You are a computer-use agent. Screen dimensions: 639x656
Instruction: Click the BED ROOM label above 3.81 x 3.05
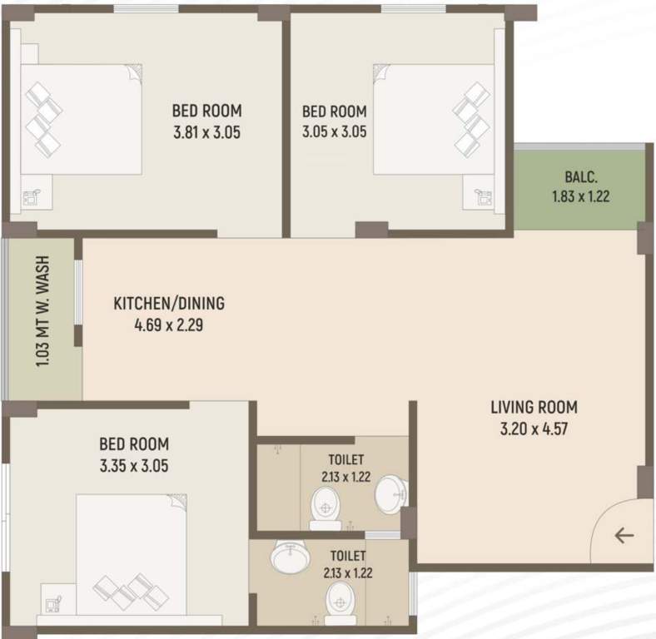206,110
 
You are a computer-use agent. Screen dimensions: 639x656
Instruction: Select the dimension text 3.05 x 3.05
334,131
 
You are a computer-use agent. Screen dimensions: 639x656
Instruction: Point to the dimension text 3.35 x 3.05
133,466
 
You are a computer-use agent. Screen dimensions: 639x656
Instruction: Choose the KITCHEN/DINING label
169,304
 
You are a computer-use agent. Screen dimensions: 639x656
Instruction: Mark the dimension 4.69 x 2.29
169,325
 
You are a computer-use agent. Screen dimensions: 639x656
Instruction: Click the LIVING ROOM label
534,408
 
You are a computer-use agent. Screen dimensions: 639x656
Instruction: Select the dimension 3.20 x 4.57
534,429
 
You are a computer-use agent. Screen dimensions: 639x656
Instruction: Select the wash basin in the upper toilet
389,496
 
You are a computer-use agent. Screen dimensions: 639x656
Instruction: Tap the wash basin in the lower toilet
291,557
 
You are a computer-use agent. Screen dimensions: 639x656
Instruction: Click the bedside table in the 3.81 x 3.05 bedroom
32,199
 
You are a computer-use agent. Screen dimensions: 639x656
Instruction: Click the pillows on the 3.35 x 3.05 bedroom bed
132,589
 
